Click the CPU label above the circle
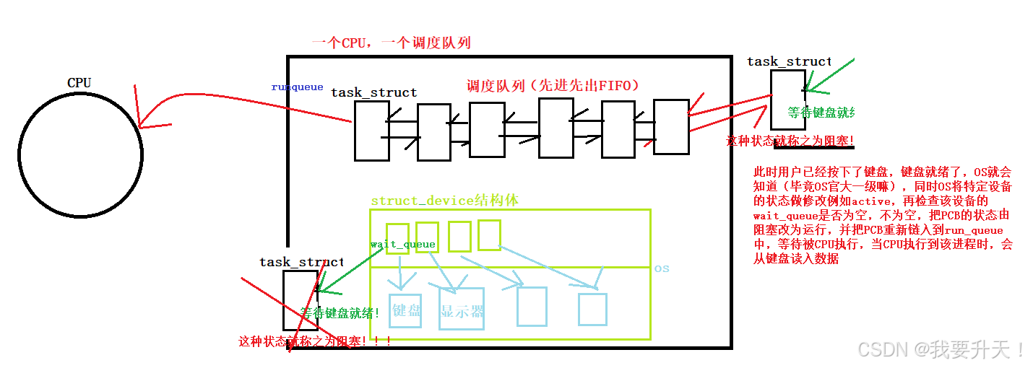point(79,82)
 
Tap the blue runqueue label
point(297,87)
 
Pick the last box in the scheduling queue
point(671,127)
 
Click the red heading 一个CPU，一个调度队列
point(391,43)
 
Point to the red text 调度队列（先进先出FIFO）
point(553,86)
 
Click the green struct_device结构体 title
point(444,201)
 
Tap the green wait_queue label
point(402,244)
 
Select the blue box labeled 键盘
point(405,311)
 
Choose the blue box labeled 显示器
point(462,309)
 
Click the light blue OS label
point(662,268)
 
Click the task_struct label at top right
point(789,61)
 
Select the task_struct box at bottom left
point(300,299)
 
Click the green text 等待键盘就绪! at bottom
point(340,312)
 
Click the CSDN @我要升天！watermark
point(941,350)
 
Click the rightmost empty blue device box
point(592,309)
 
